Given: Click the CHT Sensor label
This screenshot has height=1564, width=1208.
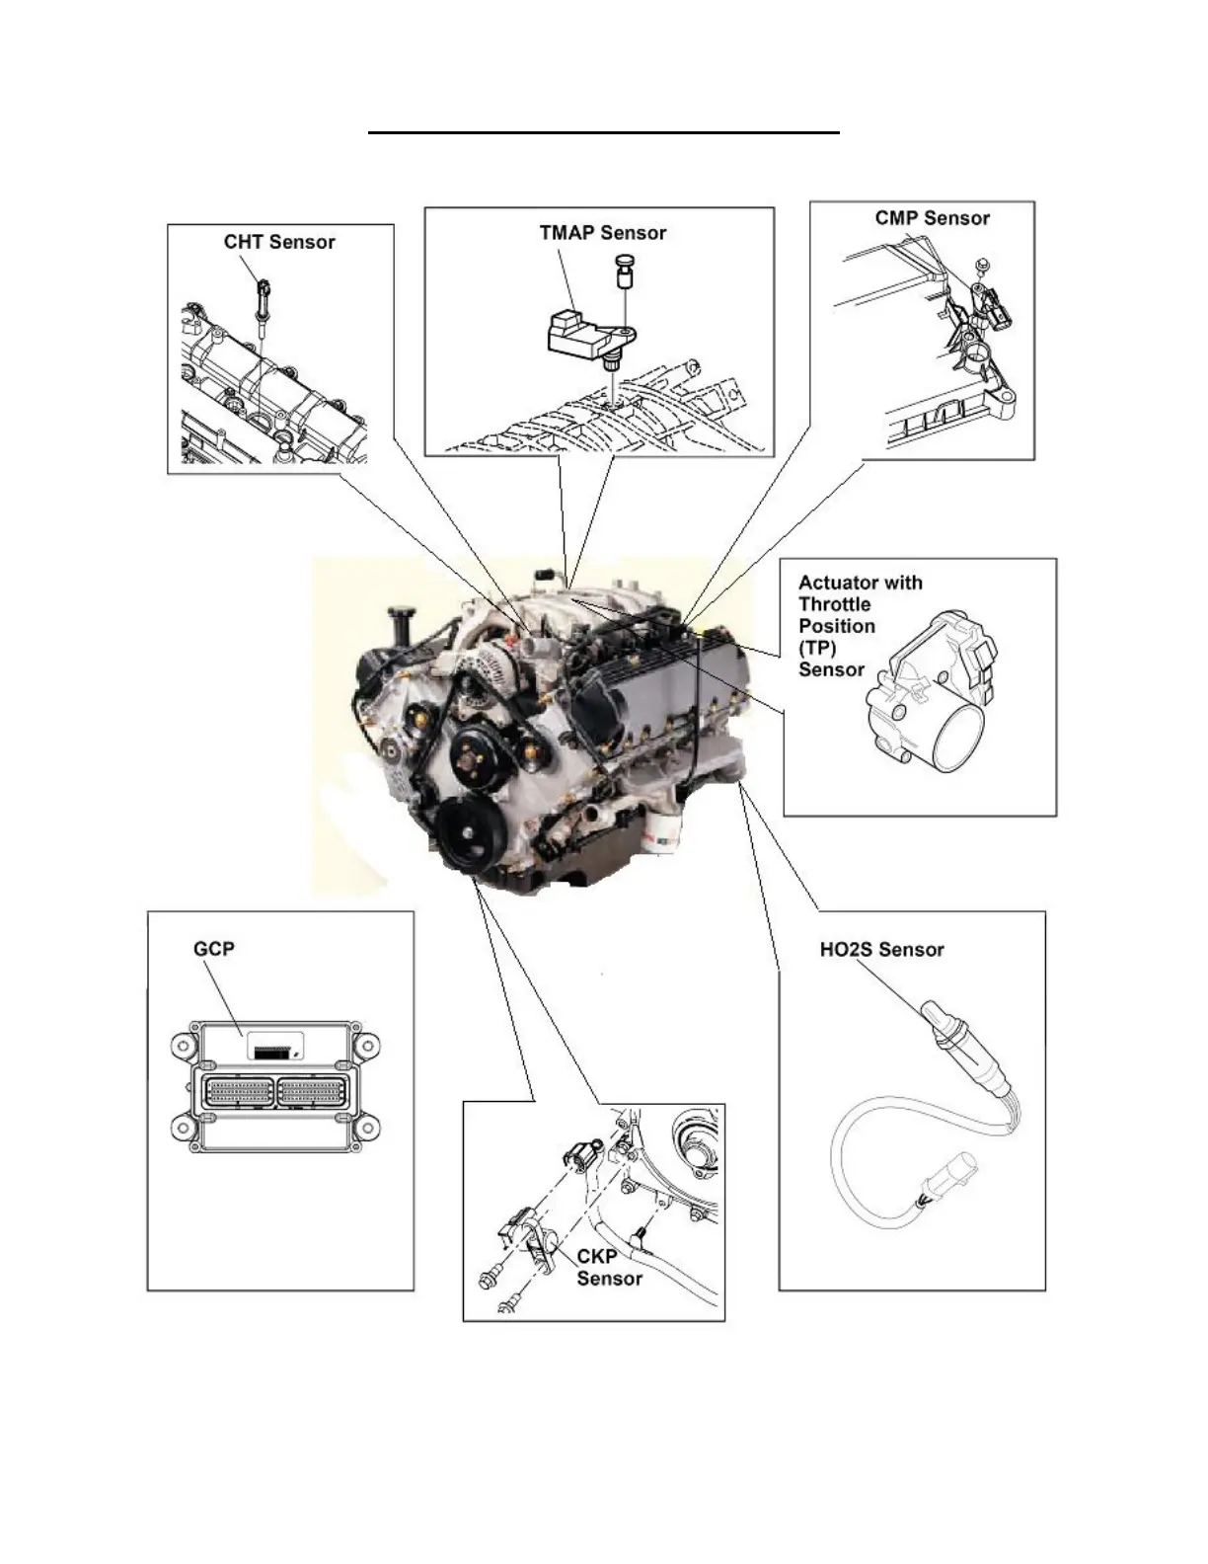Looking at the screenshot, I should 279,243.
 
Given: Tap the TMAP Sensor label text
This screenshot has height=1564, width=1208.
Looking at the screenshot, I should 602,234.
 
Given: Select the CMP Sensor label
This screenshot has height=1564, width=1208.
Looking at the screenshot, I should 932,219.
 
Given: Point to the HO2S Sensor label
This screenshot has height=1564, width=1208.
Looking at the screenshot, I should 881,950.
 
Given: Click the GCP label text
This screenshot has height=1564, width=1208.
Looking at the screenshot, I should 214,949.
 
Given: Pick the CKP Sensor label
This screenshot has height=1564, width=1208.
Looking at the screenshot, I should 609,1268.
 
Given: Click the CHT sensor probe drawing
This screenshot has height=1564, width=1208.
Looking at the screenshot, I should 264,300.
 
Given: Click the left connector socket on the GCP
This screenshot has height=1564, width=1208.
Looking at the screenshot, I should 237,1093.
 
